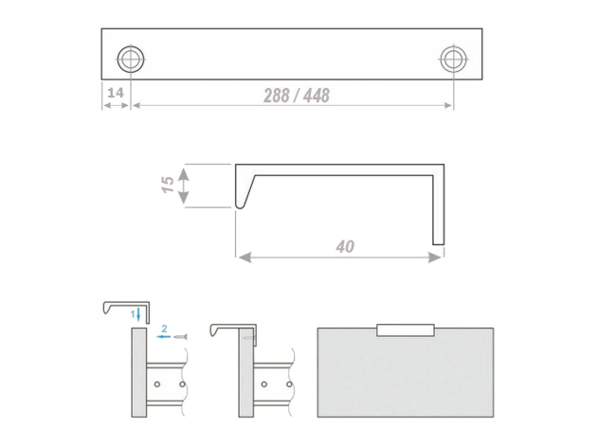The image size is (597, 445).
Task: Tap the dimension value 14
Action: [116, 93]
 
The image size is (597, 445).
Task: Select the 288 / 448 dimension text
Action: [297, 96]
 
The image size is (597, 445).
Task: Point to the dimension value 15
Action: [168, 185]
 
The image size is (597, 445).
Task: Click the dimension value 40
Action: [345, 246]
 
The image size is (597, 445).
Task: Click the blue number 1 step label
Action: [133, 314]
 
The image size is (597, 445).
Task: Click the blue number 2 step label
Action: [165, 329]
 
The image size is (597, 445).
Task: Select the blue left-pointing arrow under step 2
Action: [163, 337]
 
